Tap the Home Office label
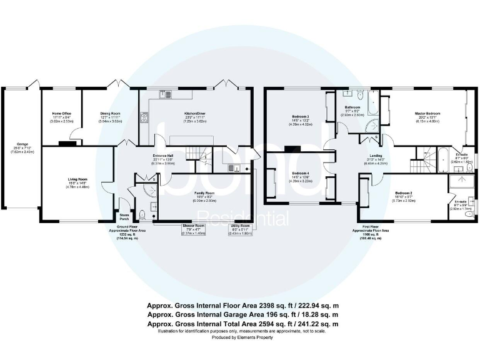[x=61, y=114]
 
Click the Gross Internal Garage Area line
[x=242, y=314]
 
